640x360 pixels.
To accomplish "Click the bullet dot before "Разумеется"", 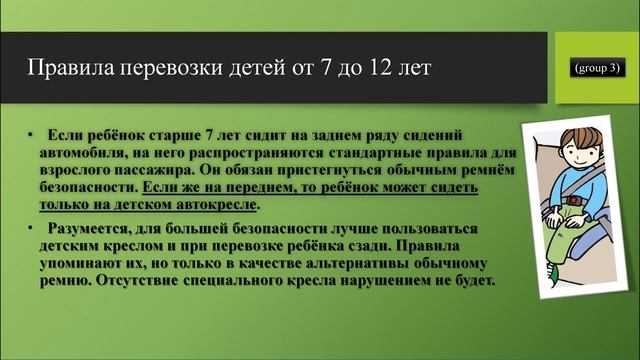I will point(33,229).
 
